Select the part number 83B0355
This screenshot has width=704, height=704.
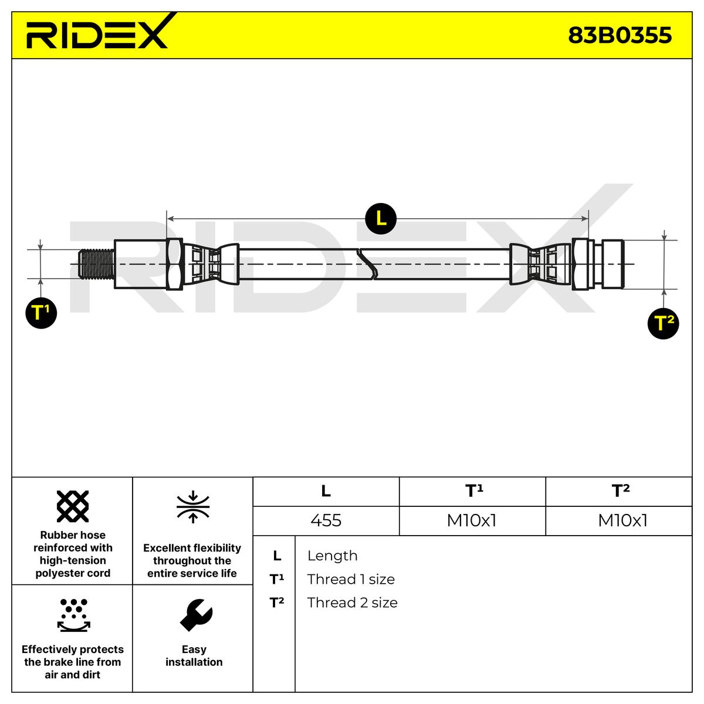pyautogui.click(x=620, y=36)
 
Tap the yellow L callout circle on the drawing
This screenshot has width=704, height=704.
pyautogui.click(x=381, y=219)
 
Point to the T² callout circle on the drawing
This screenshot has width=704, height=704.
pyautogui.click(x=663, y=323)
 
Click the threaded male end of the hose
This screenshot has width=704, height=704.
pyautogui.click(x=96, y=263)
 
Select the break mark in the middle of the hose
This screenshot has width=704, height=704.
pyautogui.click(x=368, y=263)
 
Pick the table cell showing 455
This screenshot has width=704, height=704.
pyautogui.click(x=326, y=520)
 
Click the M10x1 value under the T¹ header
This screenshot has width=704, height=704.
pyautogui.click(x=472, y=520)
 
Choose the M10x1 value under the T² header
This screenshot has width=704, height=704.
pyautogui.click(x=622, y=520)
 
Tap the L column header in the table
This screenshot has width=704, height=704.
pyautogui.click(x=326, y=491)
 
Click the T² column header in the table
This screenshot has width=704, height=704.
pyautogui.click(x=620, y=491)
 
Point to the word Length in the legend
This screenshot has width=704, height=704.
pyautogui.click(x=332, y=556)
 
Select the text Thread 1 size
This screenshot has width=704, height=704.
pyautogui.click(x=351, y=579)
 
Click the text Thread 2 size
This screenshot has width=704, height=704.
pyautogui.click(x=352, y=603)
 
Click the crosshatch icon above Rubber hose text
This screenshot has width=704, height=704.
pyautogui.click(x=73, y=506)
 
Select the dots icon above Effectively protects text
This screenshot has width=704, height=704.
pyautogui.click(x=73, y=614)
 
